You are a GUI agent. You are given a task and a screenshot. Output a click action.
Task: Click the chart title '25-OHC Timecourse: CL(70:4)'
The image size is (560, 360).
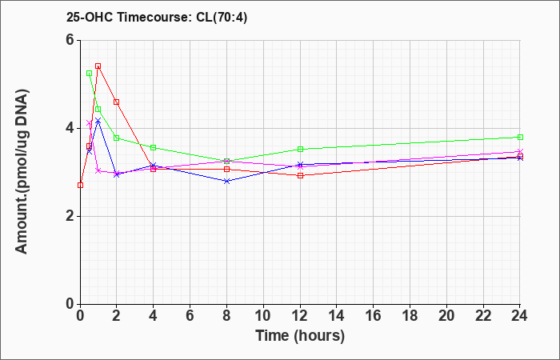tap(157, 17)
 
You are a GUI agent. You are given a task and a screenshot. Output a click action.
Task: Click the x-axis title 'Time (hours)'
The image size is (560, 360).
tap(300, 336)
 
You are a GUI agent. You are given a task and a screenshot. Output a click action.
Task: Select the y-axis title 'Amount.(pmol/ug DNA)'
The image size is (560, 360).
tap(22, 172)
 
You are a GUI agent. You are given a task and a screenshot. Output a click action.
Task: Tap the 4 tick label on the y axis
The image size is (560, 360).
tap(70, 128)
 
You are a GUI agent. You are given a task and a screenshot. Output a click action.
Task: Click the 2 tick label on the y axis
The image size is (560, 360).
tap(70, 216)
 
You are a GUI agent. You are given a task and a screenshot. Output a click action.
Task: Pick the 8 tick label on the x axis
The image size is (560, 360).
tap(226, 316)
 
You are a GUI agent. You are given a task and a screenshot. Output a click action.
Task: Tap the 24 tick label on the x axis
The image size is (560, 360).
tap(520, 316)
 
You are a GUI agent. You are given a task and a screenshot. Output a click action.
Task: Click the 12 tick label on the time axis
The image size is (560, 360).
tap(300, 316)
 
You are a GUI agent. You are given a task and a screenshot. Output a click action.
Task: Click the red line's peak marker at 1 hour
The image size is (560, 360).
tap(98, 66)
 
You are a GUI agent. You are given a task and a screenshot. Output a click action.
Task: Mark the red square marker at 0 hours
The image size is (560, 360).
tap(80, 185)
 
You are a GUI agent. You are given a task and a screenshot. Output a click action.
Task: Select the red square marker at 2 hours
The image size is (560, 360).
tap(117, 102)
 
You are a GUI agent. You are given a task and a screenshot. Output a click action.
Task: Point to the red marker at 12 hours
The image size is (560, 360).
tap(300, 175)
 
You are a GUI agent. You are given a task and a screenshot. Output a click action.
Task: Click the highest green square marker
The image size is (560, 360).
tap(90, 74)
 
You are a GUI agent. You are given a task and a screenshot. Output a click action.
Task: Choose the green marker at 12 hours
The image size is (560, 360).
tap(300, 149)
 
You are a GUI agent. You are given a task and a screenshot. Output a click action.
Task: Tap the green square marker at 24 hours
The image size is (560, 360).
tap(520, 137)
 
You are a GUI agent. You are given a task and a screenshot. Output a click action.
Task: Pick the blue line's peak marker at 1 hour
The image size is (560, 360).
tap(98, 121)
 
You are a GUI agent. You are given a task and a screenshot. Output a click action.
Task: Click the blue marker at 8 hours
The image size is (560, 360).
tap(226, 181)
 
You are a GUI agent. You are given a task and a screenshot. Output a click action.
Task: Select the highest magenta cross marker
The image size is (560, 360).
tap(90, 123)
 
